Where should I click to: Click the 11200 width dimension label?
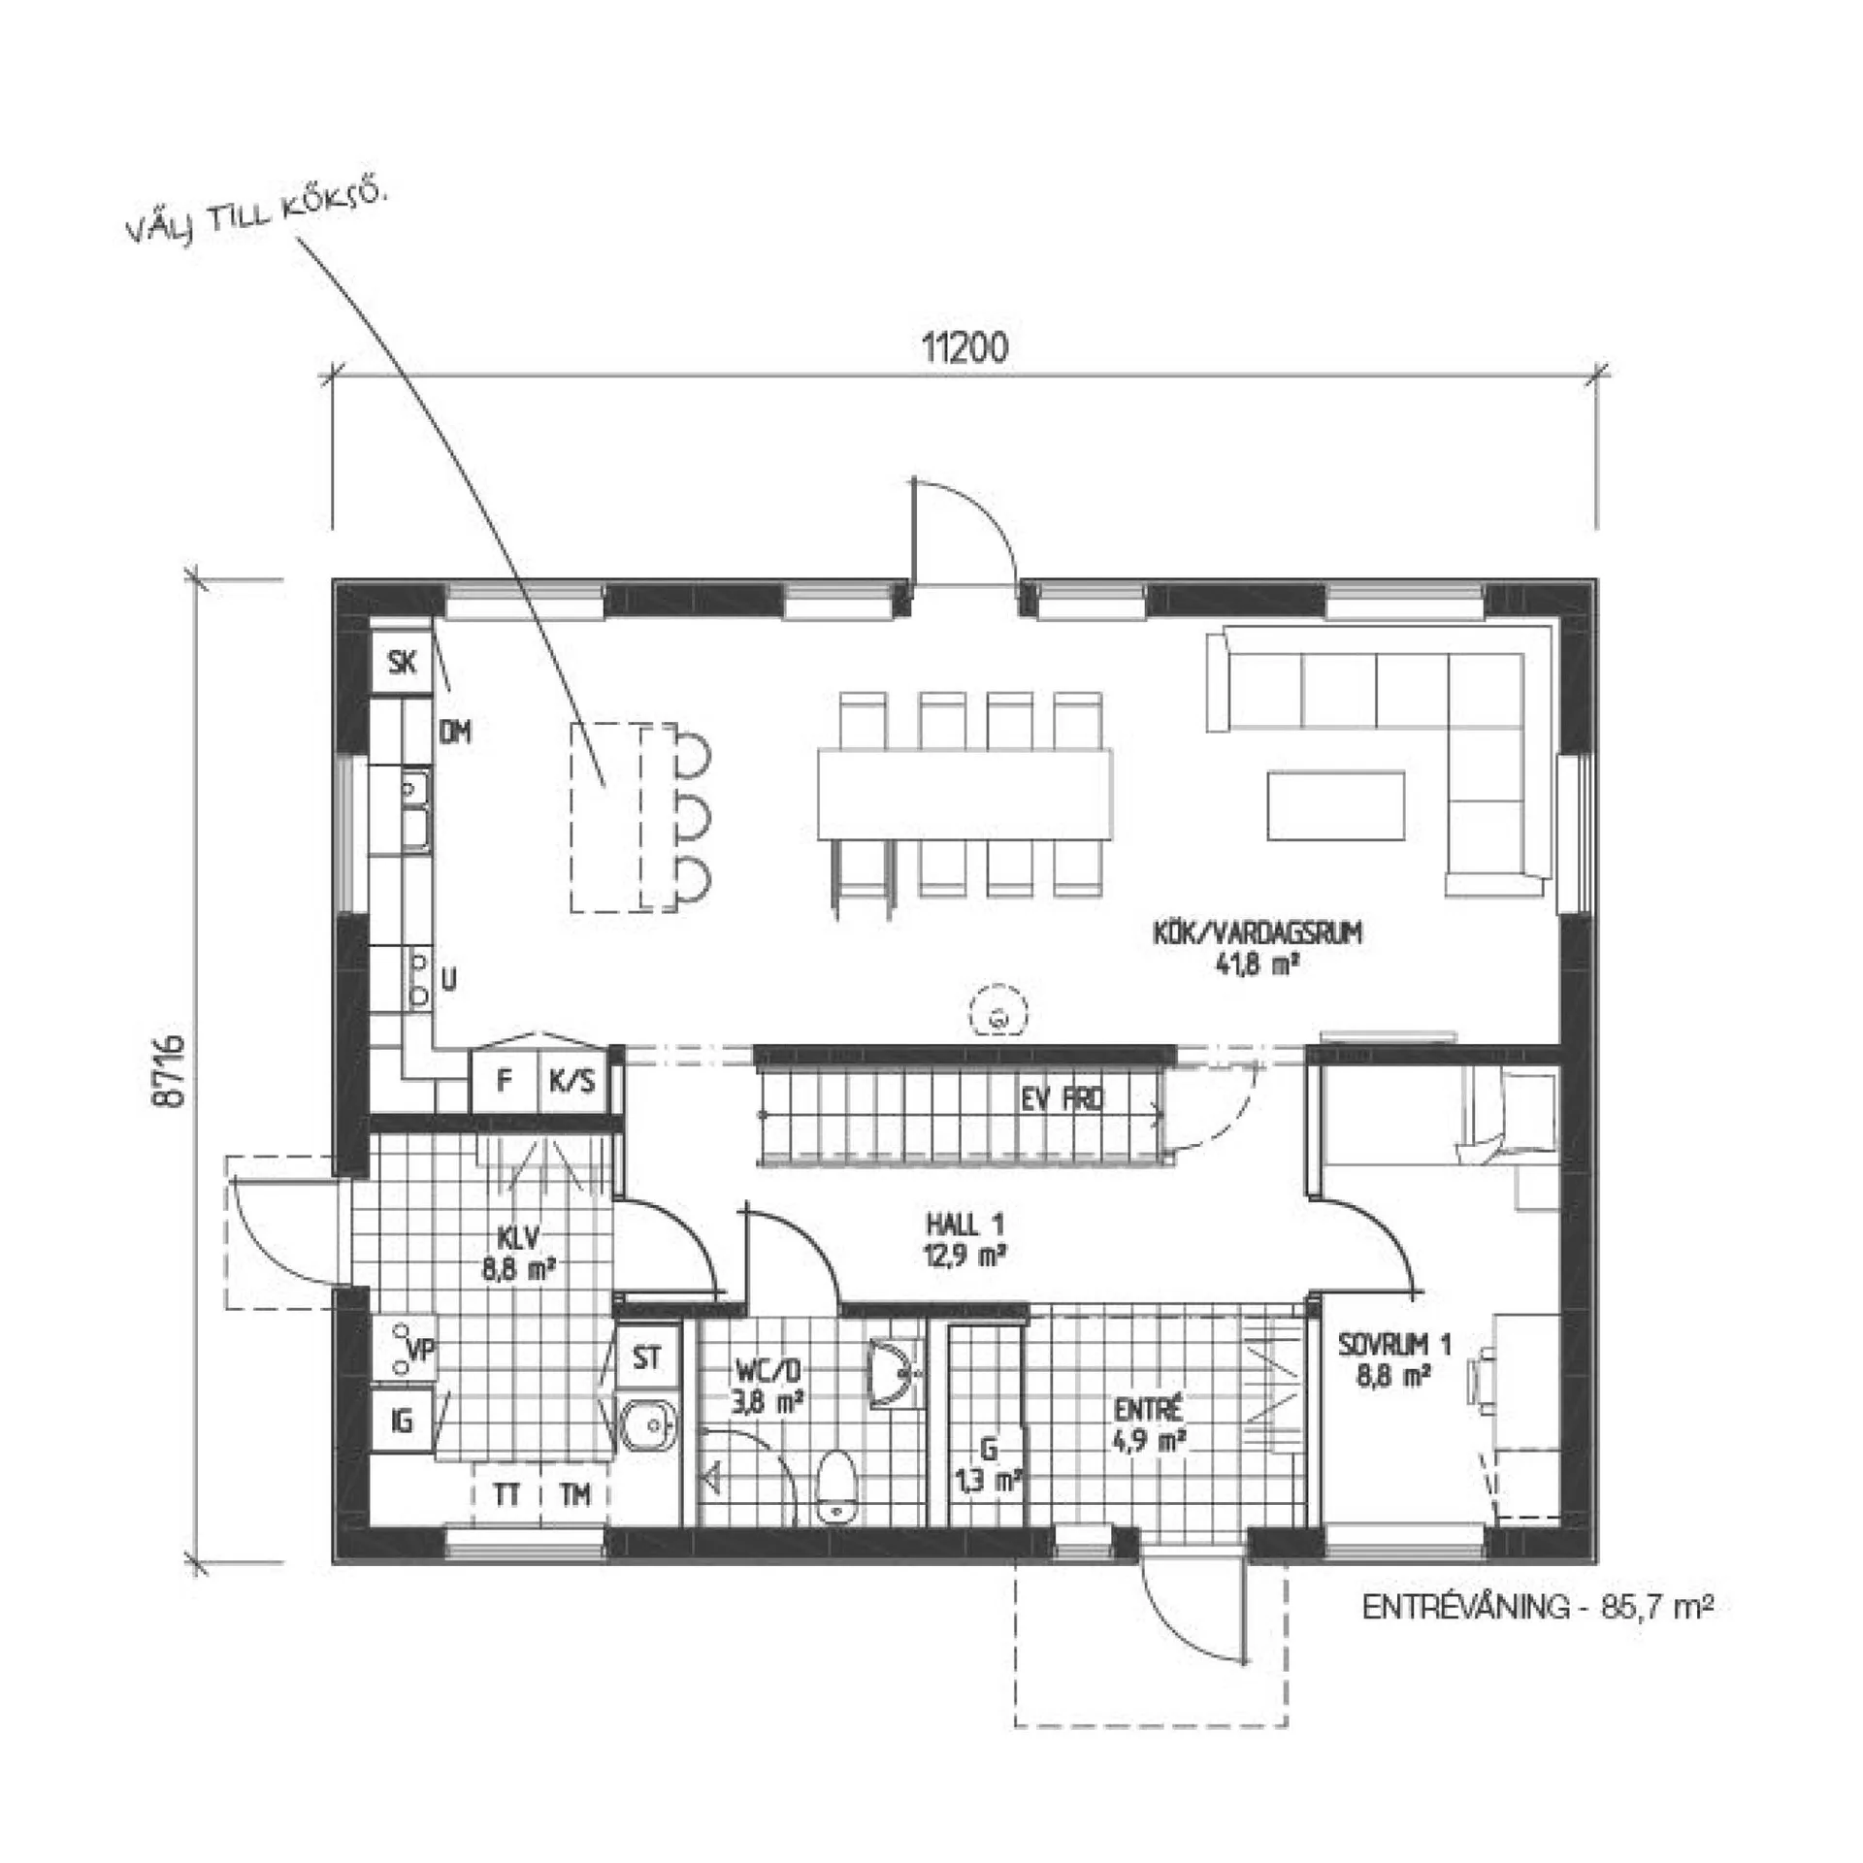pyautogui.click(x=964, y=347)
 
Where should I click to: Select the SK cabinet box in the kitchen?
pyautogui.click(x=401, y=663)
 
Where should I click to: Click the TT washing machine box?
pyautogui.click(x=506, y=1495)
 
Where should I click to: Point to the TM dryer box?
pyautogui.click(x=574, y=1495)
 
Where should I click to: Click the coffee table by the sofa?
pyautogui.click(x=1335, y=805)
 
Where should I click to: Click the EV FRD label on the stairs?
pyautogui.click(x=1062, y=1099)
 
